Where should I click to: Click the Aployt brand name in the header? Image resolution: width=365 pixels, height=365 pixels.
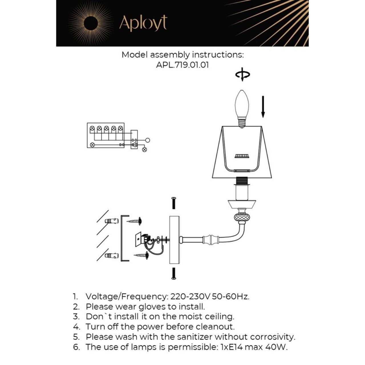(x=143, y=23)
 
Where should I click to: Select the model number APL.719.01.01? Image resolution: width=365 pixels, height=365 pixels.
(x=182, y=65)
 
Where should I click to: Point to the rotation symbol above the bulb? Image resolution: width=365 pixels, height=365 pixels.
(x=242, y=74)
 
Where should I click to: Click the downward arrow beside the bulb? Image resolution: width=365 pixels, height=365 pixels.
(x=263, y=107)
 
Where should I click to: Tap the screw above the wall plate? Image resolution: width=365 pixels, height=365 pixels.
(x=174, y=203)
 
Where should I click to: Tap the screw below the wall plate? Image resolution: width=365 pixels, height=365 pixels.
(x=174, y=273)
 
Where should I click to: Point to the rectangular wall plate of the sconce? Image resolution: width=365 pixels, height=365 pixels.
(x=174, y=240)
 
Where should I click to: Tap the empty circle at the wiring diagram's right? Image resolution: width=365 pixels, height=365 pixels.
(x=147, y=140)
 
